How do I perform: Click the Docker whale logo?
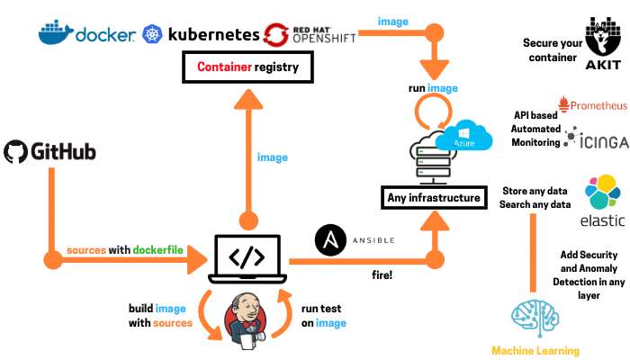(56, 32)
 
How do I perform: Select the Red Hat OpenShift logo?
(277, 34)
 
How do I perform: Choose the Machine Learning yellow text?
(535, 350)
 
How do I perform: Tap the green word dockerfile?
(163, 248)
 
